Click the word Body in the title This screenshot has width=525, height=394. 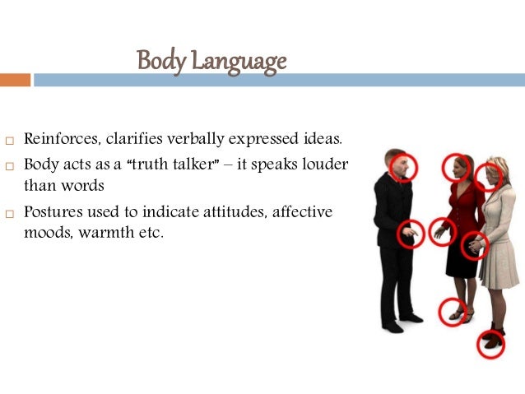[156, 61]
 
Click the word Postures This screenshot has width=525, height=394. [54, 211]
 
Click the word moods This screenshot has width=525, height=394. [46, 233]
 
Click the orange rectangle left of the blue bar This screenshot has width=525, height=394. [15, 80]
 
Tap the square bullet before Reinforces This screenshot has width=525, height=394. [10, 139]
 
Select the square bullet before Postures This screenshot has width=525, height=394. [10, 213]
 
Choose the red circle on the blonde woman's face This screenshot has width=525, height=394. [490, 176]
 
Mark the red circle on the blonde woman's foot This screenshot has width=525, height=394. [491, 342]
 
